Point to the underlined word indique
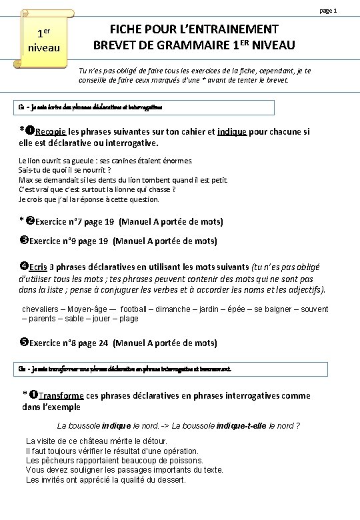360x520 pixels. coord(233,131)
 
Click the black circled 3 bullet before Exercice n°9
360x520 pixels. coord(24,241)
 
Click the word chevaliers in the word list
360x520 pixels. coord(43,309)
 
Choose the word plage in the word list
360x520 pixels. coord(129,319)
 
